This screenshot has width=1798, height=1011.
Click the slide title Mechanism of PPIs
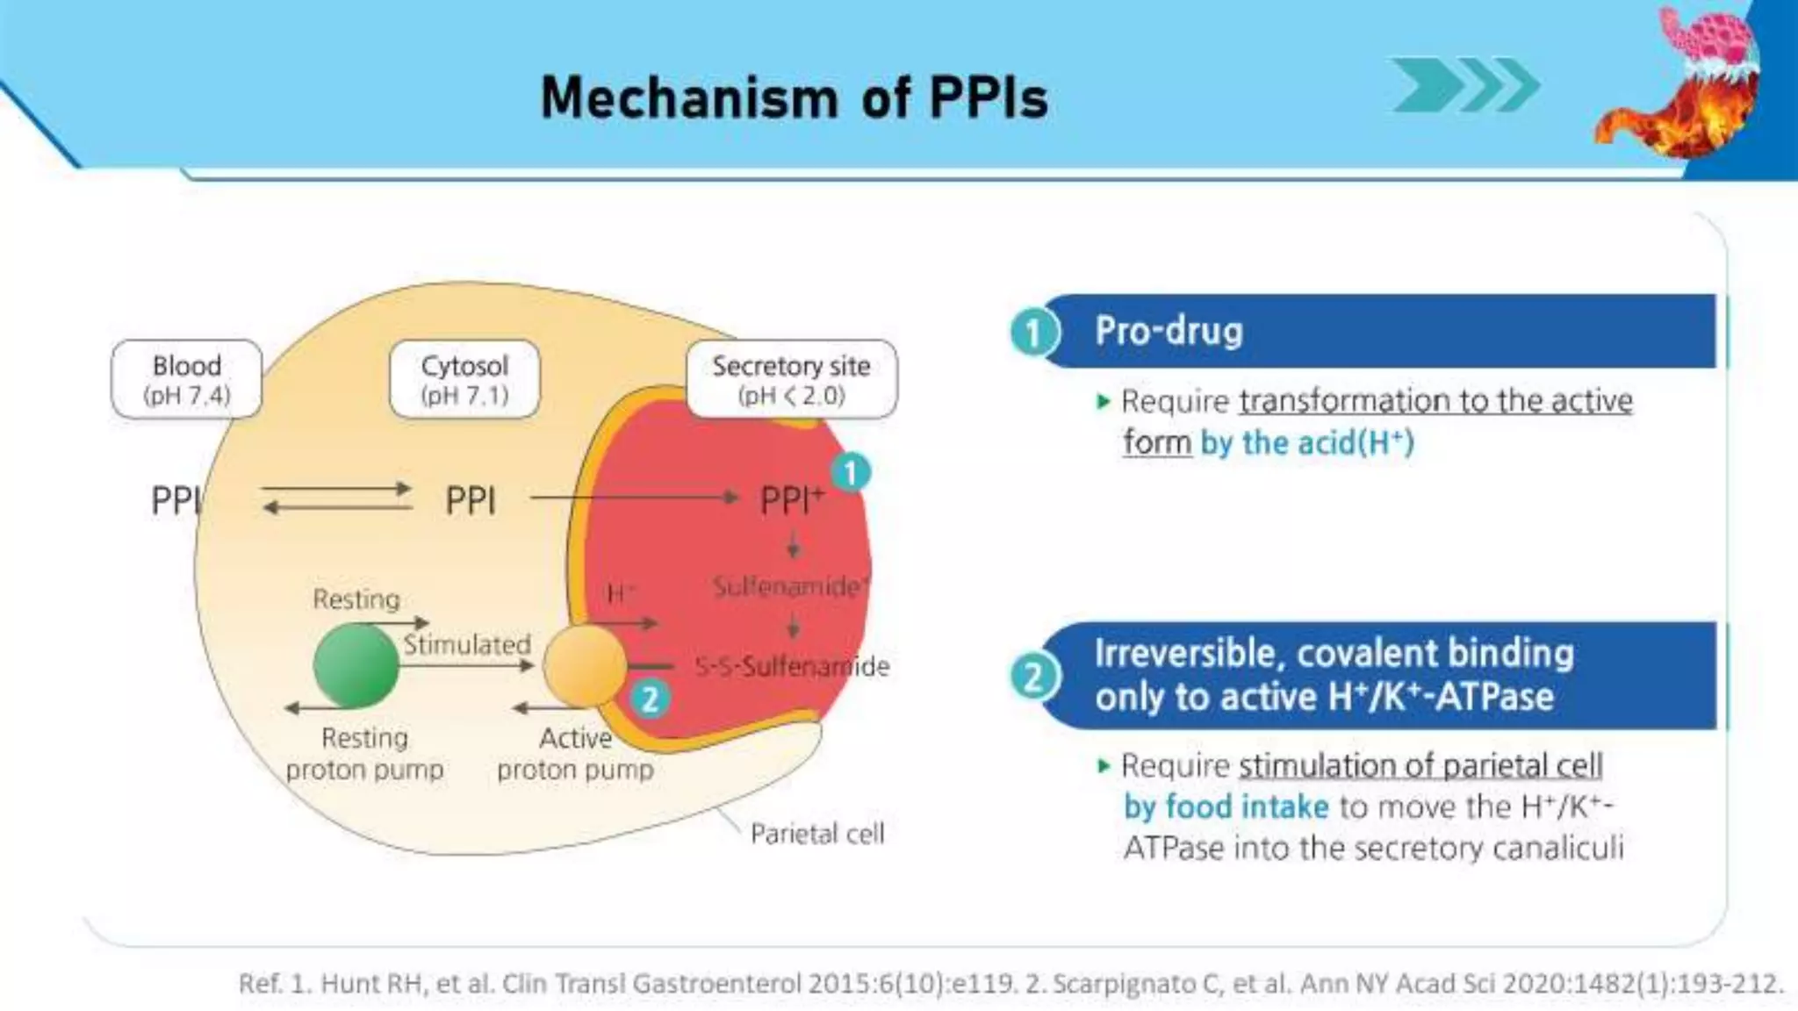pos(794,97)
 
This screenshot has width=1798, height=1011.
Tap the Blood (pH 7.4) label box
pos(186,379)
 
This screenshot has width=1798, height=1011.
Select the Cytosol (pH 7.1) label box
pos(464,379)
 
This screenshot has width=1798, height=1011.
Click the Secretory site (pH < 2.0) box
pos(791,379)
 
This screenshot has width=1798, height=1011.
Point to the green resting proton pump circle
pos(356,666)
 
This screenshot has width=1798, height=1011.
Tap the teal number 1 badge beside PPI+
pos(850,474)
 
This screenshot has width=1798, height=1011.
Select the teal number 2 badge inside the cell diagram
pos(650,699)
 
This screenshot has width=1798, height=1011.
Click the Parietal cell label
pos(816,834)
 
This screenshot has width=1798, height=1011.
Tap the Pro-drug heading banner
pos(1378,331)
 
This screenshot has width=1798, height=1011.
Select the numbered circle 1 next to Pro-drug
pos(1033,333)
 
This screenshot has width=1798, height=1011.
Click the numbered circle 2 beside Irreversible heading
pos(1033,678)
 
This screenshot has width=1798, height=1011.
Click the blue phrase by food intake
pos(1226,807)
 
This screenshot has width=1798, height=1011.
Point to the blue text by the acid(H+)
pos(1307,443)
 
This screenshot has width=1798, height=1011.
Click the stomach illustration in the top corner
pos(1681,83)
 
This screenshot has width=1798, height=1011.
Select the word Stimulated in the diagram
pos(466,645)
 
